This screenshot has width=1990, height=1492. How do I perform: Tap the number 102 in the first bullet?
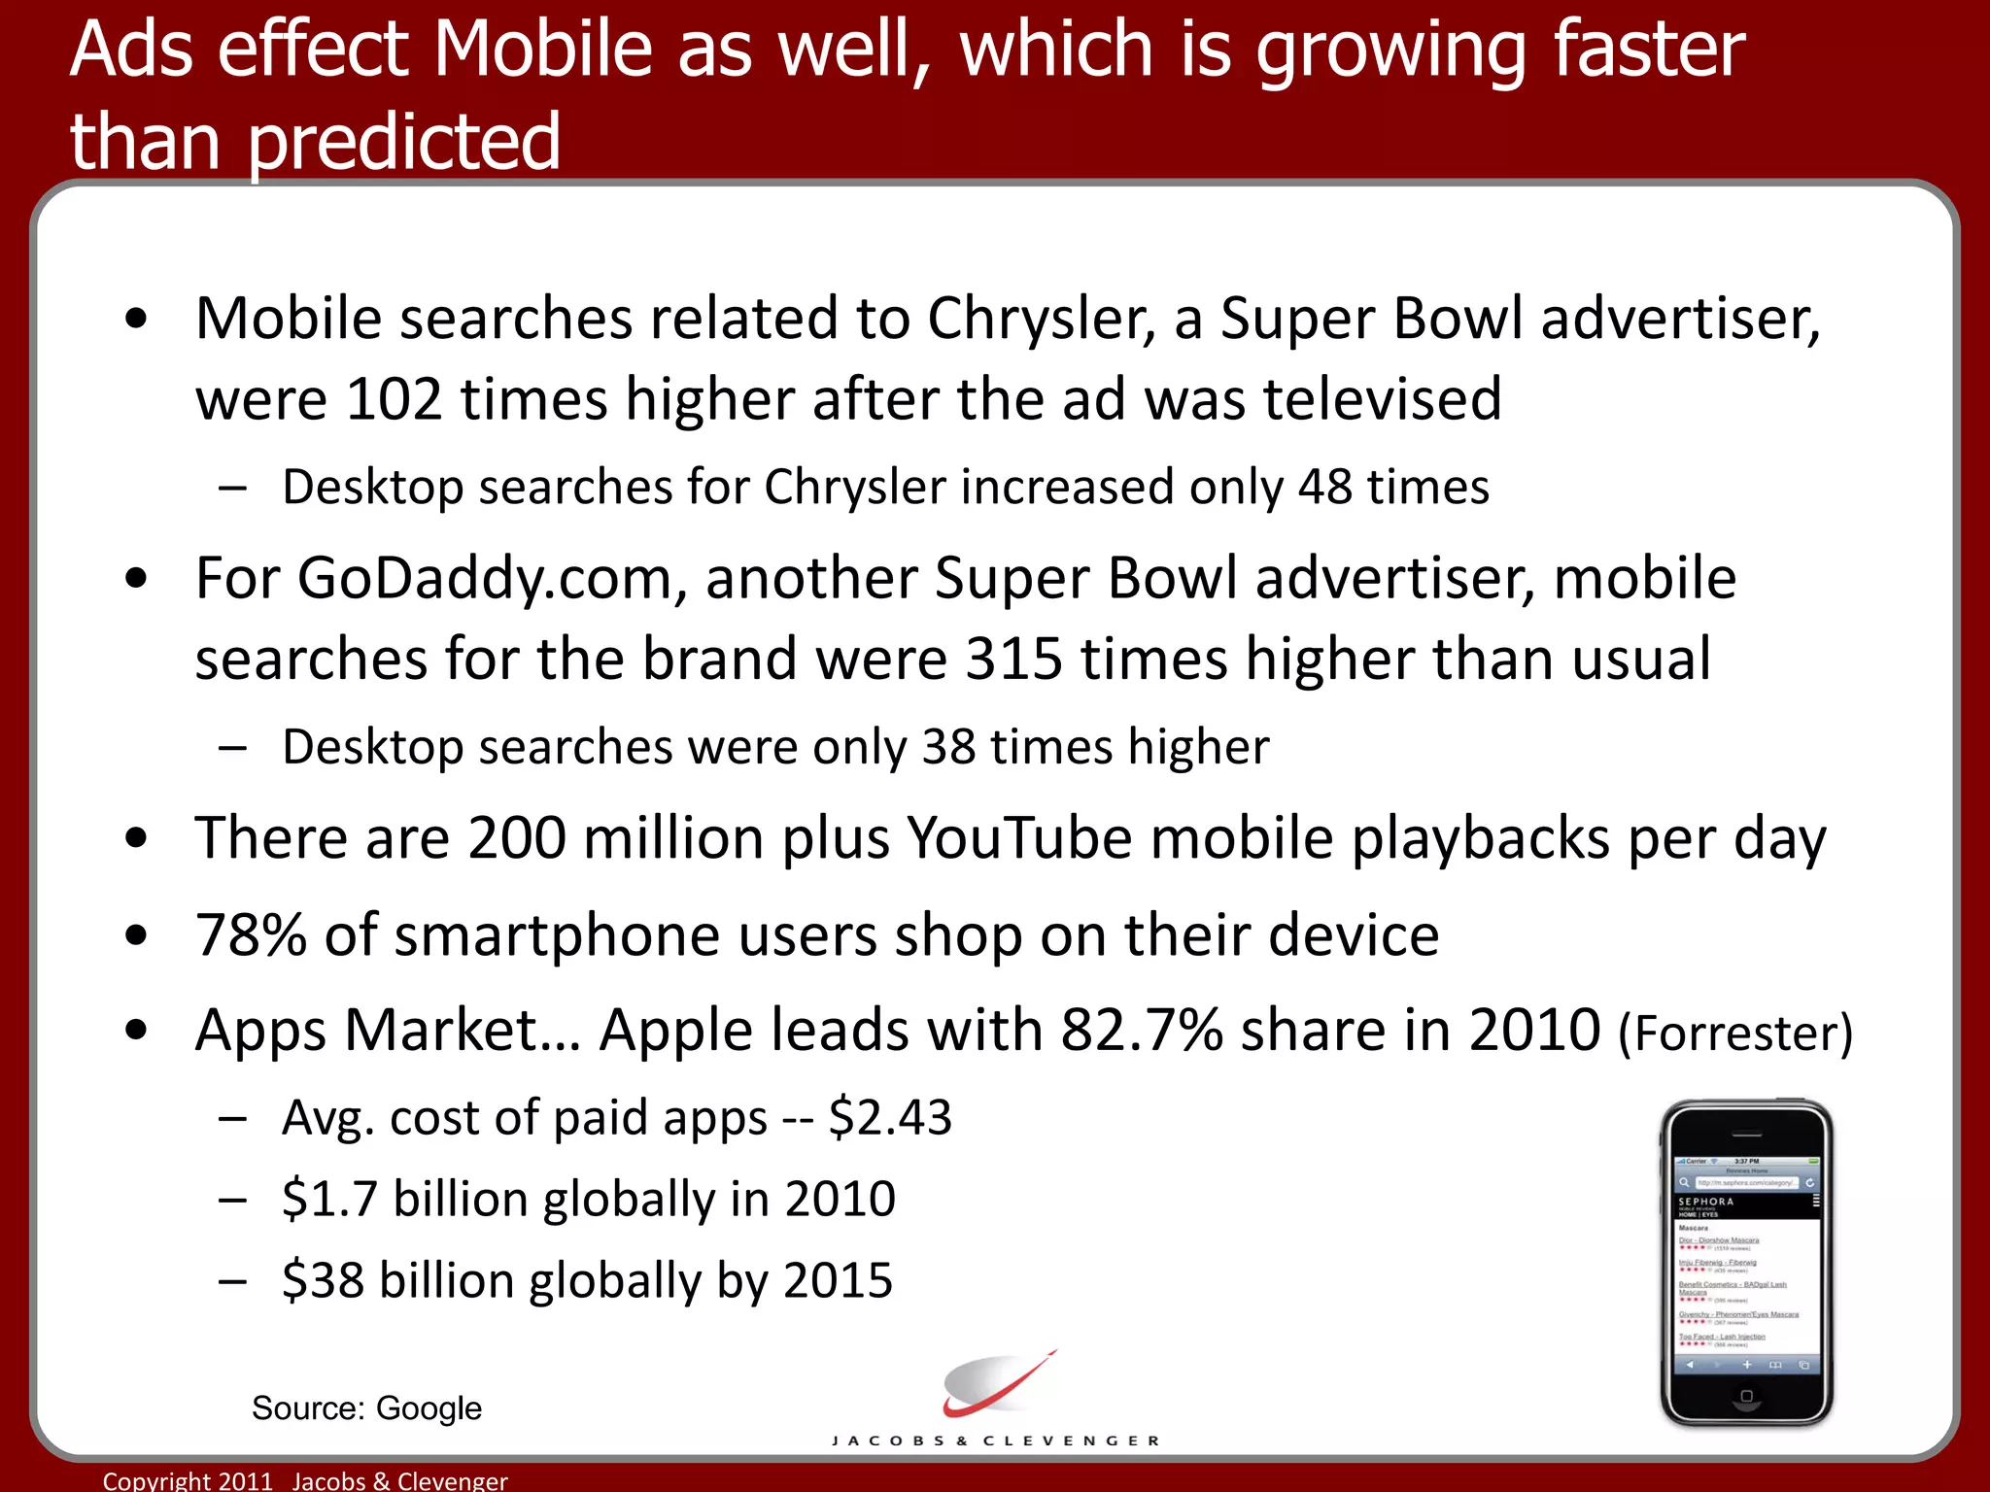coord(394,399)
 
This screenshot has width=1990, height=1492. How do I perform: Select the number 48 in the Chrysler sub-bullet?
coord(1324,487)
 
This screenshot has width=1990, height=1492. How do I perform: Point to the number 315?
coord(1013,660)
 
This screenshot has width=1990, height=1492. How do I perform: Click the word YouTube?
coord(1019,838)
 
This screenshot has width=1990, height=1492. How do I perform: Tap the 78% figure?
coord(251,935)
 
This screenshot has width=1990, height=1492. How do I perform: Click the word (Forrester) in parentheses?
coord(1735,1034)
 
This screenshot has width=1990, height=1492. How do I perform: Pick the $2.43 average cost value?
coord(890,1118)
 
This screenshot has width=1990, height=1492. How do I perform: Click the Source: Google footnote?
coord(366,1408)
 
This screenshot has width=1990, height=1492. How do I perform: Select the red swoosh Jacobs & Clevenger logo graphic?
coord(997,1384)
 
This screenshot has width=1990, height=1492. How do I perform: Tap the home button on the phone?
coord(1746,1397)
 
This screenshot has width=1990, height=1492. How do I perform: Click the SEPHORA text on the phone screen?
coord(1706,1202)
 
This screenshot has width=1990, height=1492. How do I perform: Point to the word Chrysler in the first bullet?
coord(1041,319)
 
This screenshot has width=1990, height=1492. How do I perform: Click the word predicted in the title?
coord(404,142)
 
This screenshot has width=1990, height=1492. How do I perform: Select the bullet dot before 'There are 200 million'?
coord(137,838)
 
